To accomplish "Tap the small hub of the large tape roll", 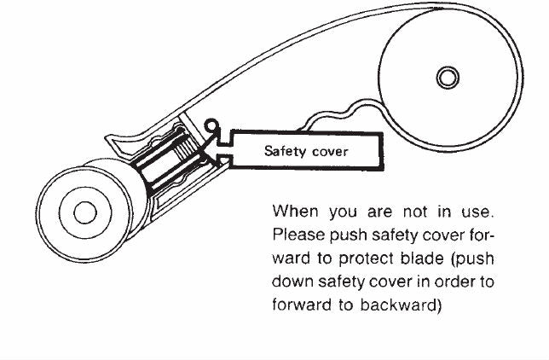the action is (x=448, y=78).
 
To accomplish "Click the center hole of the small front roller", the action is (x=85, y=212).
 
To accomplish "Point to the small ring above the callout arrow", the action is (x=211, y=125).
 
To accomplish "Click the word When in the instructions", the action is (x=296, y=212).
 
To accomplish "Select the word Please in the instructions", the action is (x=298, y=235).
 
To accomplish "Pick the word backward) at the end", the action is (x=401, y=305).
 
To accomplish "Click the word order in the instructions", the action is (x=454, y=282).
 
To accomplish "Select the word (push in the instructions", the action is (x=473, y=258).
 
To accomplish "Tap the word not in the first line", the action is (x=415, y=212).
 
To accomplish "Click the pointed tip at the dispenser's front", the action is (x=106, y=136).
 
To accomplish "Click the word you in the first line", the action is (x=344, y=213).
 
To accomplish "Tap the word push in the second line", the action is (x=349, y=235).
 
